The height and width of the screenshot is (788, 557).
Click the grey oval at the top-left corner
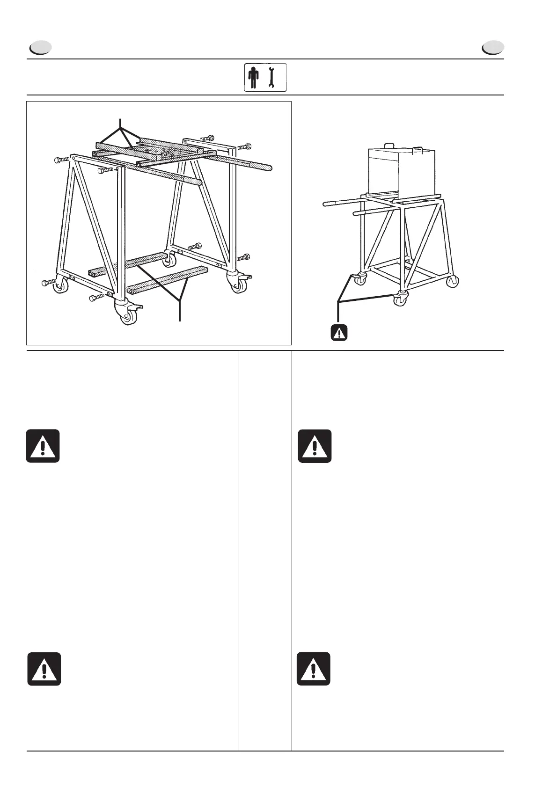[x=40, y=48]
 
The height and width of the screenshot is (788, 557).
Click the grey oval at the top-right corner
[x=493, y=48]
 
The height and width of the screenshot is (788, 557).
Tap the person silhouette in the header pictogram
[x=254, y=78]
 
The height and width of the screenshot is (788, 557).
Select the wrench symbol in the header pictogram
[x=271, y=78]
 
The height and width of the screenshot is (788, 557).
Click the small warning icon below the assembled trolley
[x=338, y=332]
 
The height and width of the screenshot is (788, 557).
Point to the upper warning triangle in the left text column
[x=43, y=446]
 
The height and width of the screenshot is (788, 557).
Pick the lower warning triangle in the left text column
[x=44, y=669]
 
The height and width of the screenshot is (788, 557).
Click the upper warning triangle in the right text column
[x=315, y=446]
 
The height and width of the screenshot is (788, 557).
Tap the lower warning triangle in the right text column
[x=313, y=669]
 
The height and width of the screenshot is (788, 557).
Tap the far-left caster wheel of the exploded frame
[x=60, y=286]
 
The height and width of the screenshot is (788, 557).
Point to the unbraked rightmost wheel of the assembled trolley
[x=453, y=282]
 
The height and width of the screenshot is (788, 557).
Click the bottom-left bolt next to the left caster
[x=48, y=283]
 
